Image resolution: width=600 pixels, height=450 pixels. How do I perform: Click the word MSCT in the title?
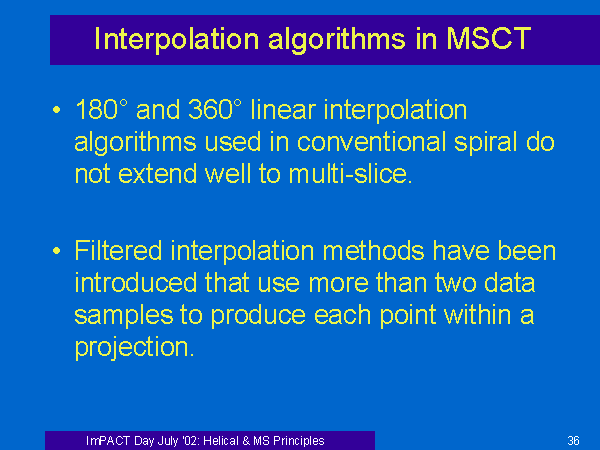pos(489,39)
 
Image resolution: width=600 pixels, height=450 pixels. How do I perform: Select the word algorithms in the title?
pos(337,40)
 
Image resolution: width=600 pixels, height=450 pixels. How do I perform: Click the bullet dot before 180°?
pos(56,110)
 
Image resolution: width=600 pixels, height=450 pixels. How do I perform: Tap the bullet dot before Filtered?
pos(56,251)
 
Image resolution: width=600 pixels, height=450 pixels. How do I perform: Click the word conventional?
pos(371,142)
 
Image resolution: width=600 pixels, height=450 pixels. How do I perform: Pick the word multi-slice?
pos(350,173)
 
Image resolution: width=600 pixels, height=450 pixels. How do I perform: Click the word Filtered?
pos(118,251)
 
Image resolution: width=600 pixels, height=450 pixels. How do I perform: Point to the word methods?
pos(373,251)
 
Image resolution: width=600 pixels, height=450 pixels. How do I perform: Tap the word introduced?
pos(135,282)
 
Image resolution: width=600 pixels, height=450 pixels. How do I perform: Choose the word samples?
pos(124,316)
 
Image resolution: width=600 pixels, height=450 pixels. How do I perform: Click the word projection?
pos(134,348)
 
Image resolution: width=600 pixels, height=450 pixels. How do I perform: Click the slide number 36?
pos(573,440)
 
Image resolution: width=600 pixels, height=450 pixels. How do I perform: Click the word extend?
pos(158,173)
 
